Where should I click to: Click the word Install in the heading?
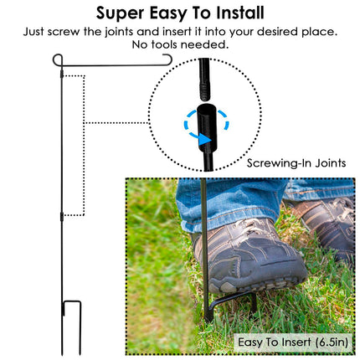point(240,13)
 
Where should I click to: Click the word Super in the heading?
point(121,13)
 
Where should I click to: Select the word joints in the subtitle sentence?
point(119,32)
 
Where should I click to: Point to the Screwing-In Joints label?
point(296,163)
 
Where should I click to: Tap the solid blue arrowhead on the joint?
point(205,140)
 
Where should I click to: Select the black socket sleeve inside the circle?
point(206,127)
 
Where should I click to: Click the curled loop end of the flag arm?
point(58,59)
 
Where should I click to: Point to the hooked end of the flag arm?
point(168,59)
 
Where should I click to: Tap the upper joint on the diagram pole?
point(62,75)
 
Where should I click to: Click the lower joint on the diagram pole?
point(62,217)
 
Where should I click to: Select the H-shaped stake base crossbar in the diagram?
point(72,301)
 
